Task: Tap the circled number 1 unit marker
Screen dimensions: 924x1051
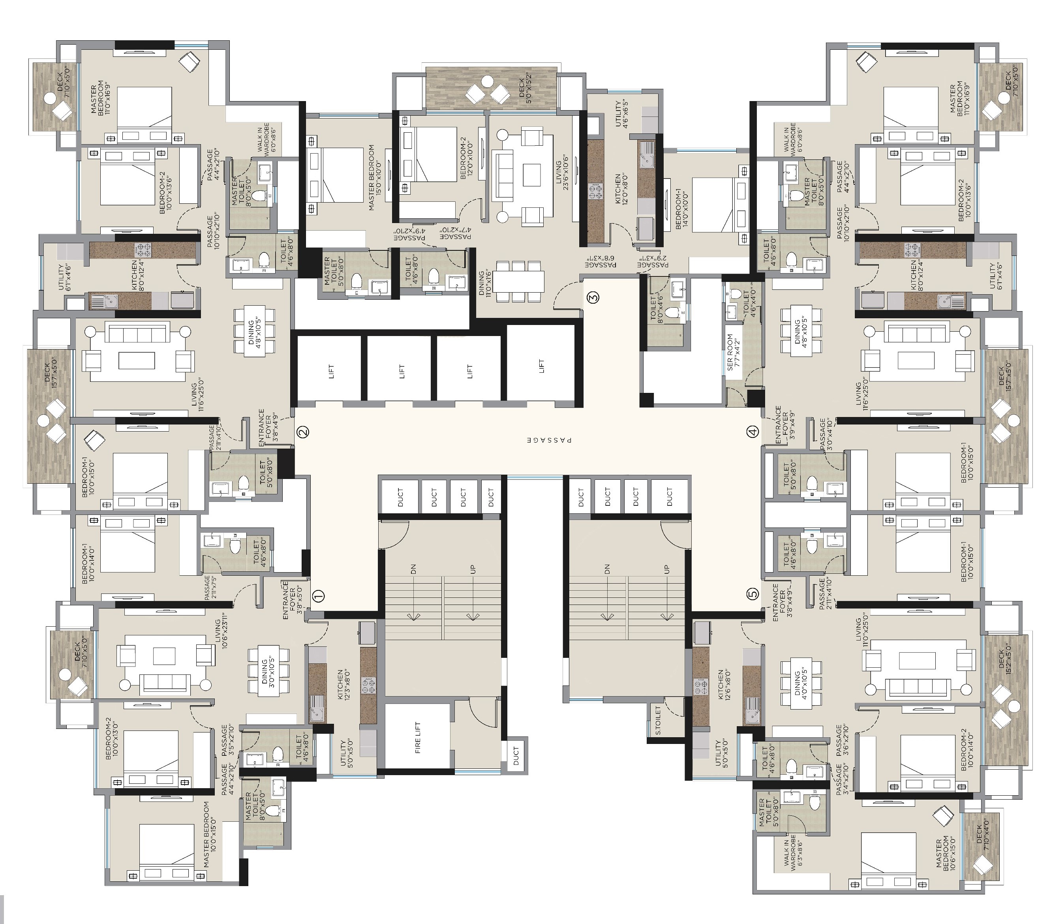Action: (319, 595)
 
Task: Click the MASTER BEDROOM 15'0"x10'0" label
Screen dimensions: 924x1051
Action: (375, 177)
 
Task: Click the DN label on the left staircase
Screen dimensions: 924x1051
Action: (413, 569)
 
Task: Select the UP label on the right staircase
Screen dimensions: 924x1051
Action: (667, 569)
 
